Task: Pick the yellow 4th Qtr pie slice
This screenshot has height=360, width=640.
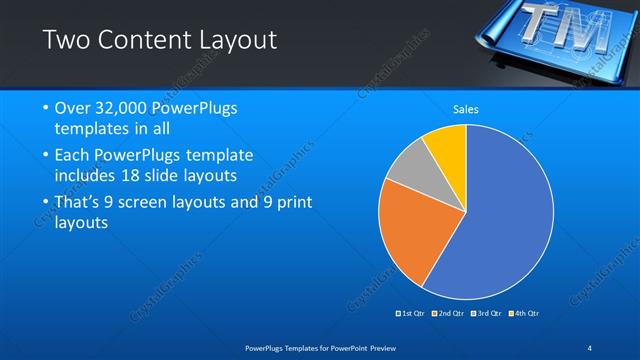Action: [x=446, y=150]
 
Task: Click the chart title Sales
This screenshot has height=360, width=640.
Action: [x=467, y=108]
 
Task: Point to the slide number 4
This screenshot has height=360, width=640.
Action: [x=590, y=347]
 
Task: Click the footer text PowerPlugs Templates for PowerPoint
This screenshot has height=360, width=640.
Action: [x=320, y=347]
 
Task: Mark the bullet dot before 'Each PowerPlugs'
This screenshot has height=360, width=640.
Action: [x=46, y=156]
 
